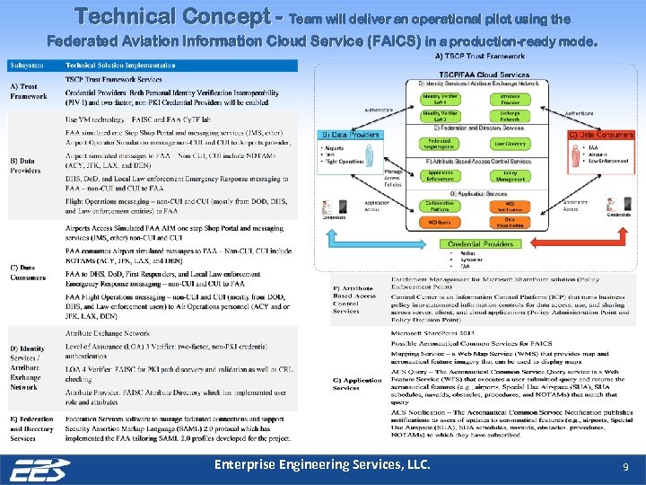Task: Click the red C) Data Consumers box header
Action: (601, 134)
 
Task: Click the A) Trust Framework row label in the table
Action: (29, 91)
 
